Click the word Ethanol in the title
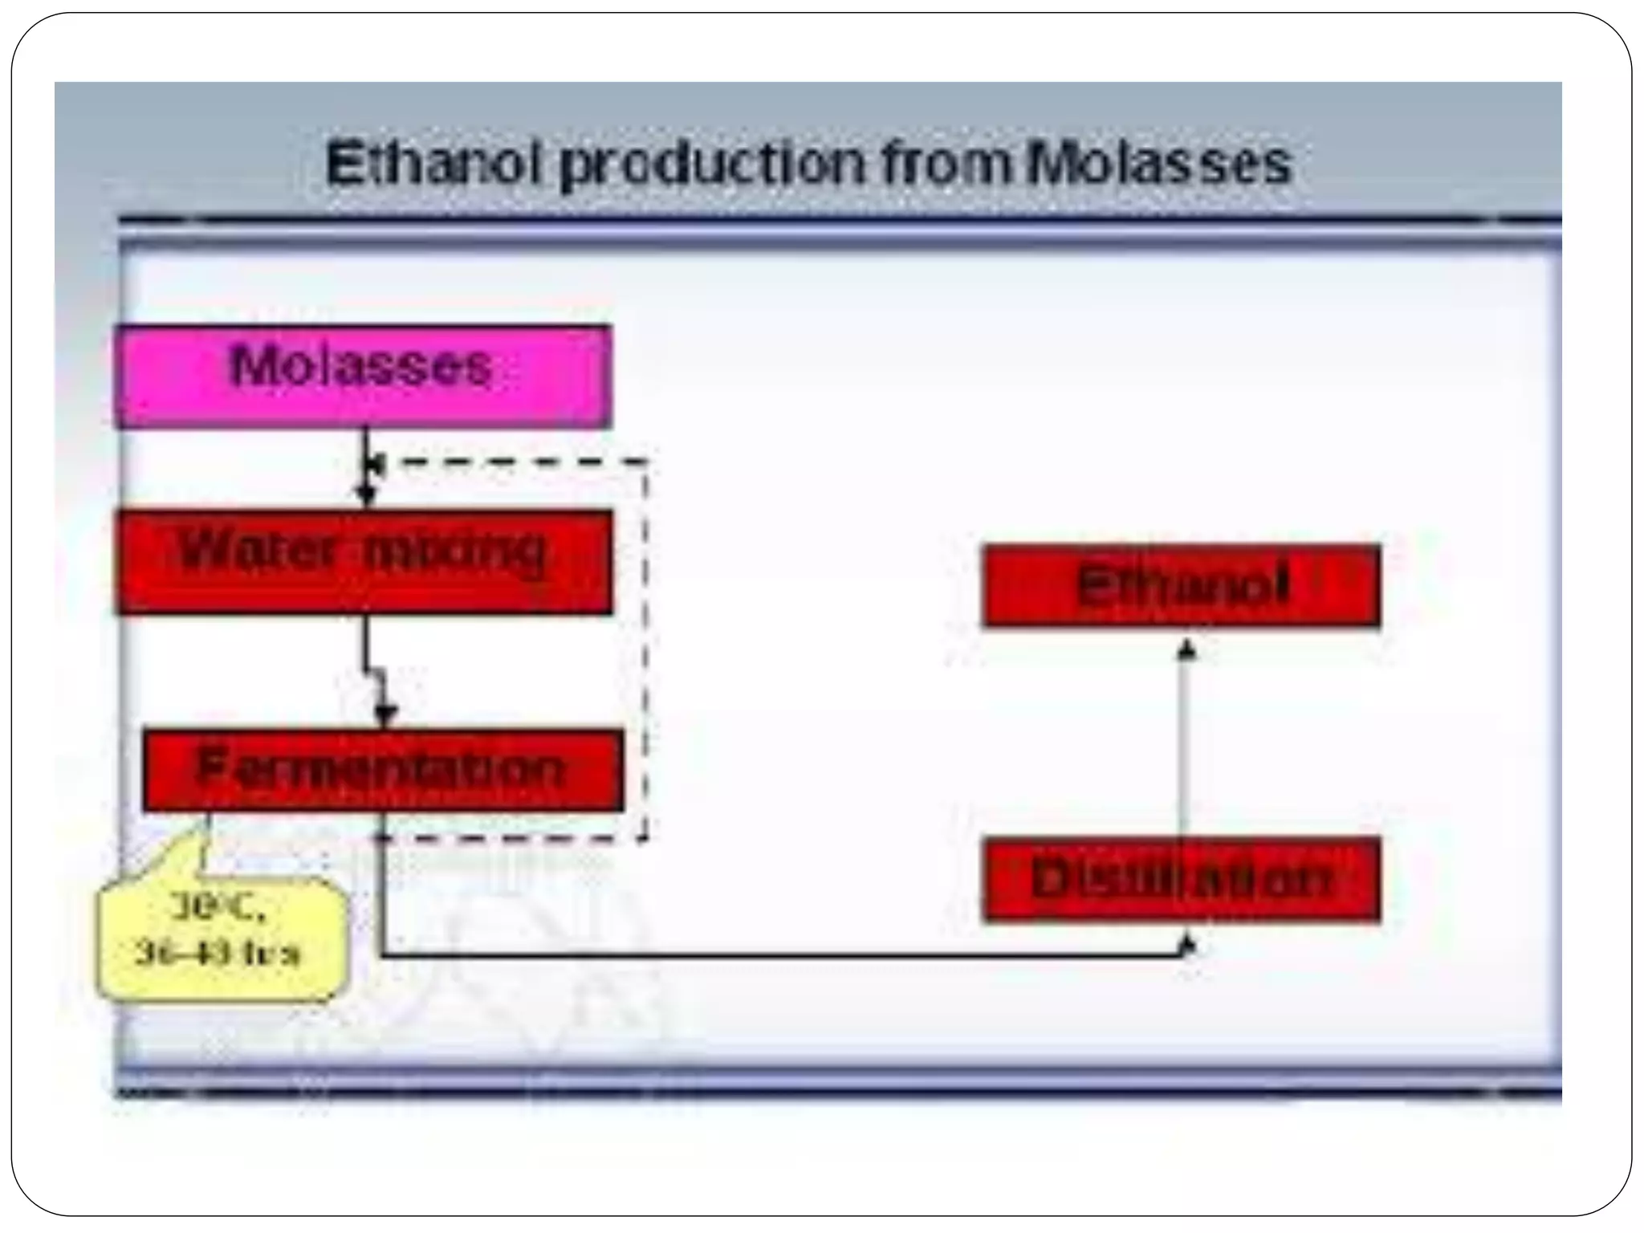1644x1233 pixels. pyautogui.click(x=430, y=164)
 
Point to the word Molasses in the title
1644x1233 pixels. pyautogui.click(x=1160, y=164)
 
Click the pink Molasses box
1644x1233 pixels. pyautogui.click(x=363, y=376)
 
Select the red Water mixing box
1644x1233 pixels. pyautogui.click(x=363, y=562)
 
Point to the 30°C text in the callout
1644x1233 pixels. pyautogui.click(x=218, y=908)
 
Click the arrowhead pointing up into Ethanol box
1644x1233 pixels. pyautogui.click(x=1186, y=649)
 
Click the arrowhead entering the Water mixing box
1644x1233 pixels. pyautogui.click(x=366, y=493)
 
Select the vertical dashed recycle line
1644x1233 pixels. pyautogui.click(x=645, y=650)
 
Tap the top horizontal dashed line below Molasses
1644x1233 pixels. pyautogui.click(x=514, y=462)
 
